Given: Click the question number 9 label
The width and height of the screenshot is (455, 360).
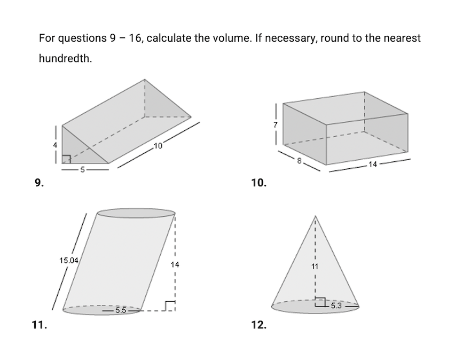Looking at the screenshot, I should pos(39,183).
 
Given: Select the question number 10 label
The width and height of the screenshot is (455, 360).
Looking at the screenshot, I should pos(258,183).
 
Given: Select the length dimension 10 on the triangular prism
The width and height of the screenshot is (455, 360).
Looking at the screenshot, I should pos(158,146).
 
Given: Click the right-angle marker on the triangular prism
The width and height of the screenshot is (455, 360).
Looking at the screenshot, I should pos(66,159).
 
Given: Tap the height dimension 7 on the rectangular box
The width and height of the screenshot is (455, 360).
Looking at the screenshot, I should pos(276,124).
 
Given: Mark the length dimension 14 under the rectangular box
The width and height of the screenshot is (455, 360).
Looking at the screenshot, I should pos(373,164).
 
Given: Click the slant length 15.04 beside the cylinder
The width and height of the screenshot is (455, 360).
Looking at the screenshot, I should pos(69,261).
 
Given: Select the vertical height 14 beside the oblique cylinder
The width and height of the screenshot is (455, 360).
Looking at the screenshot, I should pos(175,264).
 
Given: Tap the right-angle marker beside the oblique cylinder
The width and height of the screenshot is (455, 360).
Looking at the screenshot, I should pos(170,306).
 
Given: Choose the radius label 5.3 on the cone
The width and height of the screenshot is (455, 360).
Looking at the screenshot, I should pos(336,306).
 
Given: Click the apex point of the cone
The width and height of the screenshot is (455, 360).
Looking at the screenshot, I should pos(315,216).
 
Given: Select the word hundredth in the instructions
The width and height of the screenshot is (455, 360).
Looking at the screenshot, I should pos(65,59).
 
